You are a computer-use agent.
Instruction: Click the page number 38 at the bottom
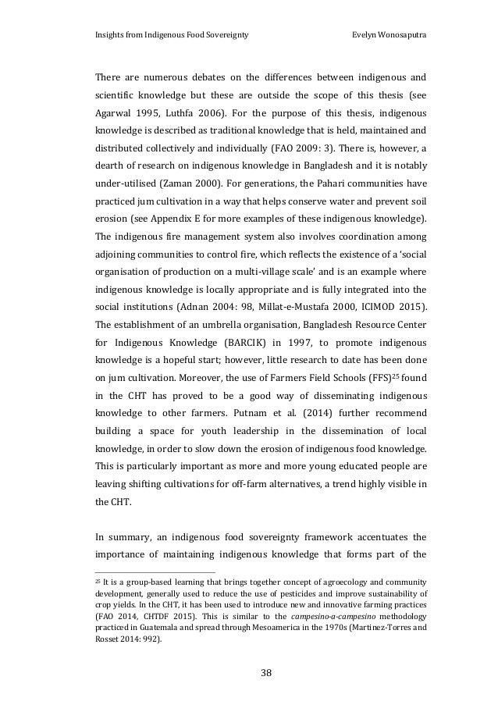pos(250,671)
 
